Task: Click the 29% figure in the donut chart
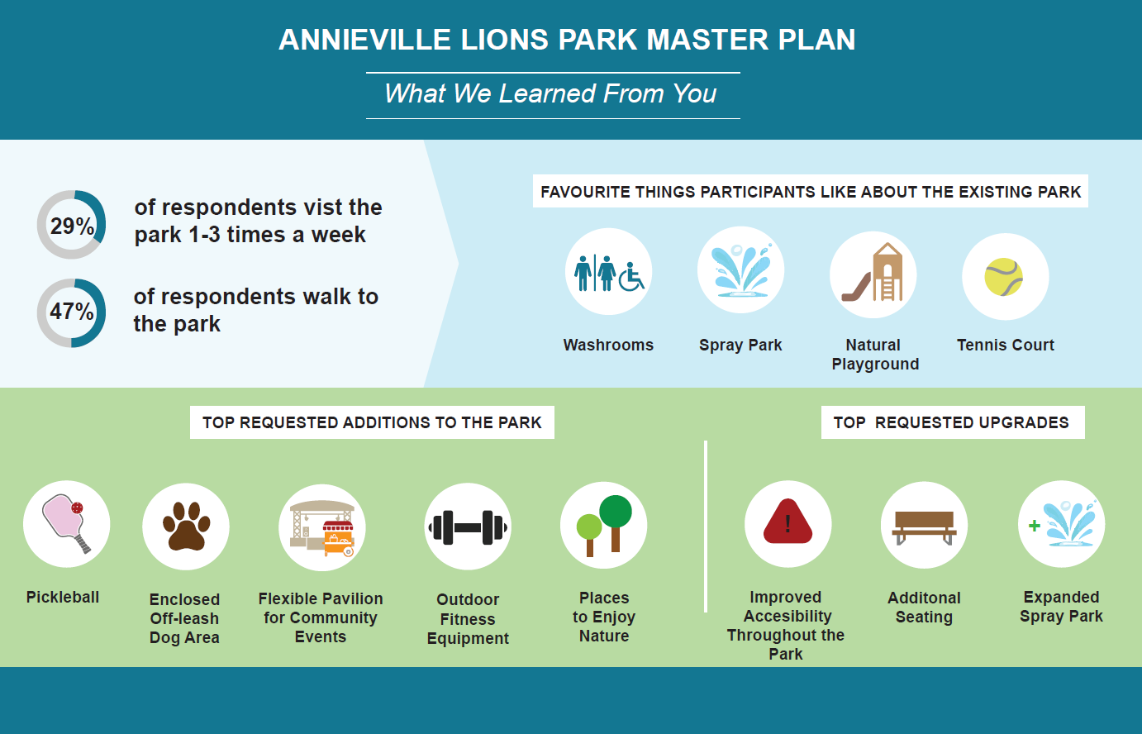pos(72,226)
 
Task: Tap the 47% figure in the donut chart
pos(72,311)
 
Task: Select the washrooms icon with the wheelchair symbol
pos(609,273)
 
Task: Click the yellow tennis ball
pos(1003,277)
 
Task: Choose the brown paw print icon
pos(186,526)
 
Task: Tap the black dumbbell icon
pos(468,527)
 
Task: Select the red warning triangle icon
pos(788,522)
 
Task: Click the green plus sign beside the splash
pos(1034,526)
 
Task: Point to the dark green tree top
pos(616,511)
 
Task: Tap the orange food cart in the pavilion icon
pos(338,539)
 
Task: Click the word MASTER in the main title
pos(707,40)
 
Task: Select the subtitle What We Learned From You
pos(550,93)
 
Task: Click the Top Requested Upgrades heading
pos(951,422)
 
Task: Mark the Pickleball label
pos(63,597)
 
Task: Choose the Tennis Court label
pos(1006,345)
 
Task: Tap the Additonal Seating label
pos(925,607)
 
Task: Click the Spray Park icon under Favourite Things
pos(740,269)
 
